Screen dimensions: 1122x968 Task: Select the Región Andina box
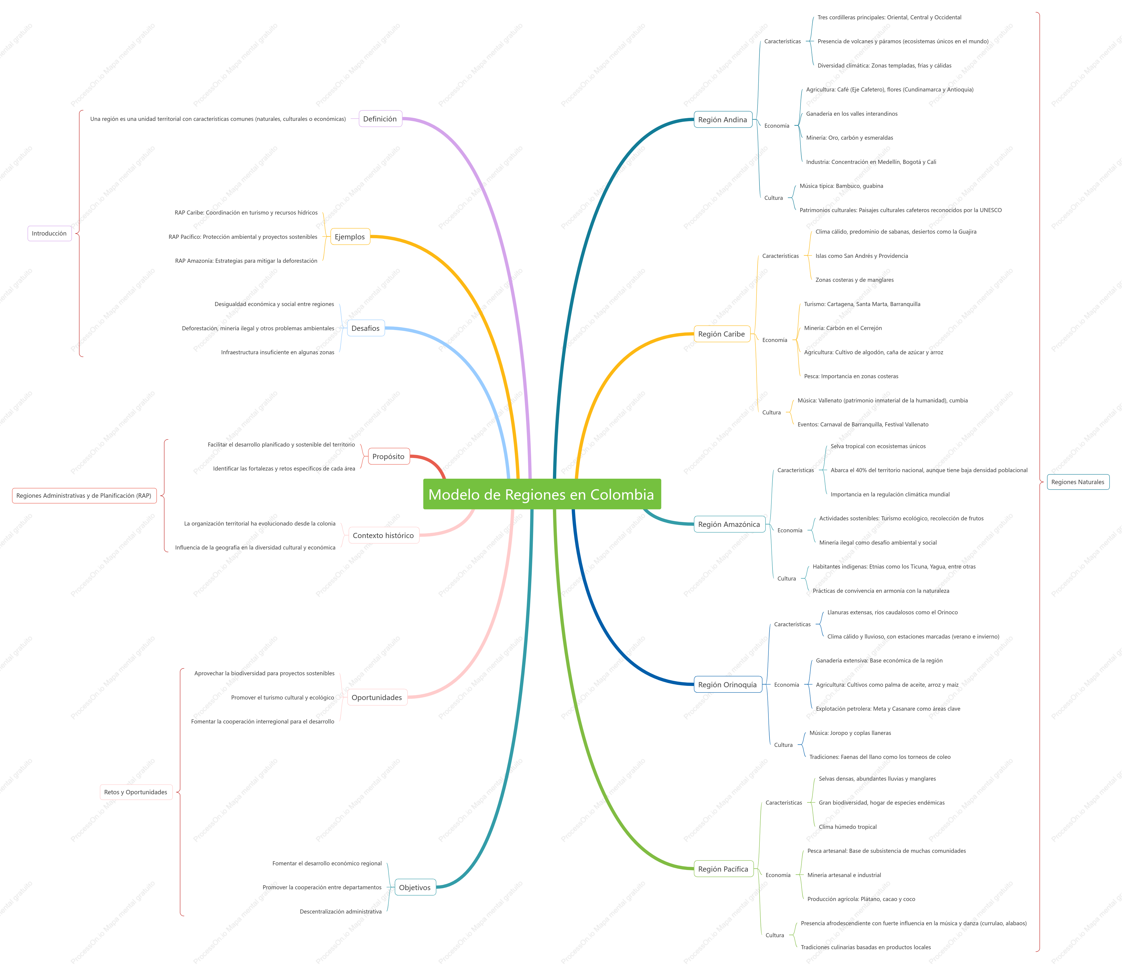pos(723,120)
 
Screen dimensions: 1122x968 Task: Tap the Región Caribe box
pos(722,334)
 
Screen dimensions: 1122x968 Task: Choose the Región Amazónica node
pos(729,524)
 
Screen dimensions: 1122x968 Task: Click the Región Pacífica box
pos(723,869)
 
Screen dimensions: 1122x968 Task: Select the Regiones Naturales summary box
pos(1078,482)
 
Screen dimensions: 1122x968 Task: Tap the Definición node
pos(380,118)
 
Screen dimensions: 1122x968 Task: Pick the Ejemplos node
pos(350,237)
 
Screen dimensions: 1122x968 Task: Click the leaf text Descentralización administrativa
pos(340,912)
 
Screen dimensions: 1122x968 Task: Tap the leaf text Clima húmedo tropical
pos(847,827)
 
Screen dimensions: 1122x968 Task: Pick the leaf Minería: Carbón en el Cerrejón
pos(843,328)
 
